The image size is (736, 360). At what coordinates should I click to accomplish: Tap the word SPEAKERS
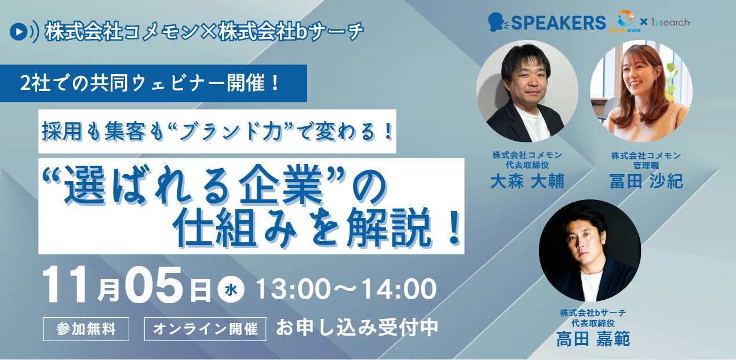(x=558, y=23)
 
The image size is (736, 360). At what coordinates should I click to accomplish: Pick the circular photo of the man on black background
(x=589, y=250)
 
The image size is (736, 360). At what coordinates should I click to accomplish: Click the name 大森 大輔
(x=527, y=181)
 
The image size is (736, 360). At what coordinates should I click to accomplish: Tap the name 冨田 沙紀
(x=646, y=181)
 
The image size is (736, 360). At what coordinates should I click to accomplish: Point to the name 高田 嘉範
(x=593, y=338)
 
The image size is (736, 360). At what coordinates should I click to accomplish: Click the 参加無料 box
(x=86, y=329)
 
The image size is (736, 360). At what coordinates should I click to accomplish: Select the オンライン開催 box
(x=205, y=329)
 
